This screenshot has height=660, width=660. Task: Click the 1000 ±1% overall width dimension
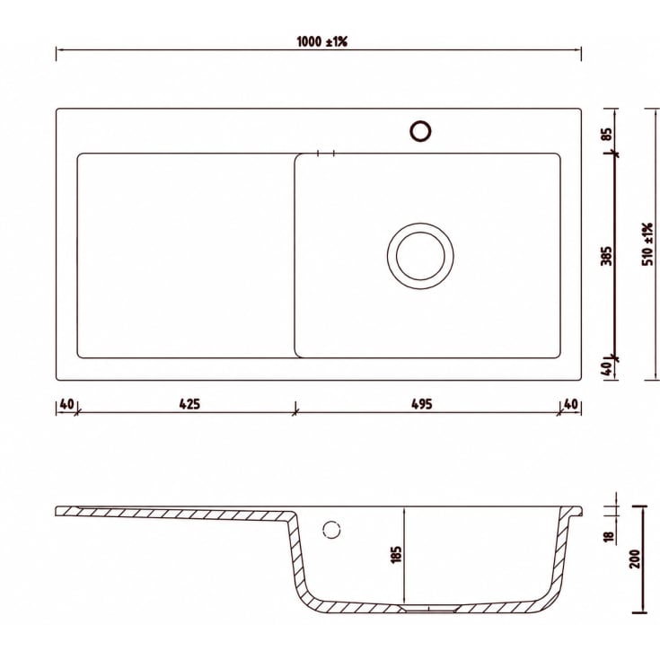point(322,41)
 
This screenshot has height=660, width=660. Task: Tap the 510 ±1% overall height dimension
point(647,244)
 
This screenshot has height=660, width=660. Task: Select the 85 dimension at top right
point(606,135)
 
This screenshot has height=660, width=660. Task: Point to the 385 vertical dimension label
point(606,256)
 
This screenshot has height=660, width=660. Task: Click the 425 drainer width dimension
point(189,404)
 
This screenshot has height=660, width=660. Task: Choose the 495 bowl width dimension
point(421,404)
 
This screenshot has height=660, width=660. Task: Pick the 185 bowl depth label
point(396,554)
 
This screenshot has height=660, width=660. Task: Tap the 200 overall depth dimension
point(635,559)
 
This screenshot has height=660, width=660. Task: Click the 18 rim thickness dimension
point(609,537)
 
